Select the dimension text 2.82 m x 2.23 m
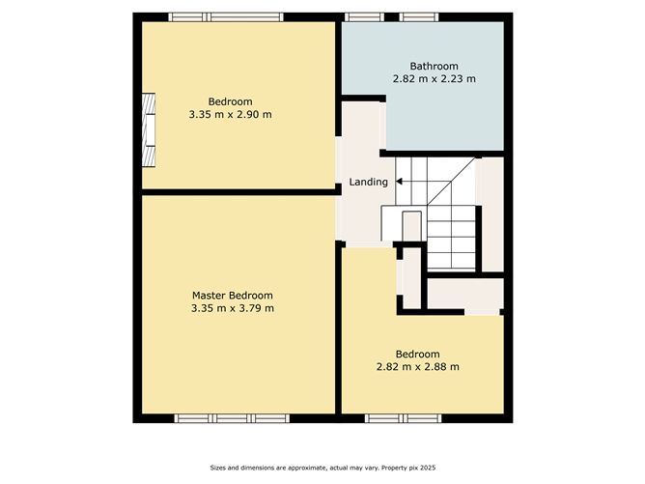click(434, 78)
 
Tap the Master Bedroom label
click(232, 296)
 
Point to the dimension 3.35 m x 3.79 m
click(232, 308)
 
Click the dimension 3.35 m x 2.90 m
click(231, 114)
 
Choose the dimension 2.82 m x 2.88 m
click(417, 366)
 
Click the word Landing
click(369, 182)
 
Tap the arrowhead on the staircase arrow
click(399, 181)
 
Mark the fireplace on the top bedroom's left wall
click(149, 131)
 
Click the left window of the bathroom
click(362, 16)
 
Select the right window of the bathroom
click(419, 16)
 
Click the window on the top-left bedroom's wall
click(226, 16)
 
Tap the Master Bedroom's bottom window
click(232, 418)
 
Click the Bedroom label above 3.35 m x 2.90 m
click(231, 101)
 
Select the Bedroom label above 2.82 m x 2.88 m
click(417, 354)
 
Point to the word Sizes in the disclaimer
click(221, 469)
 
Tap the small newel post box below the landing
click(411, 225)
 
